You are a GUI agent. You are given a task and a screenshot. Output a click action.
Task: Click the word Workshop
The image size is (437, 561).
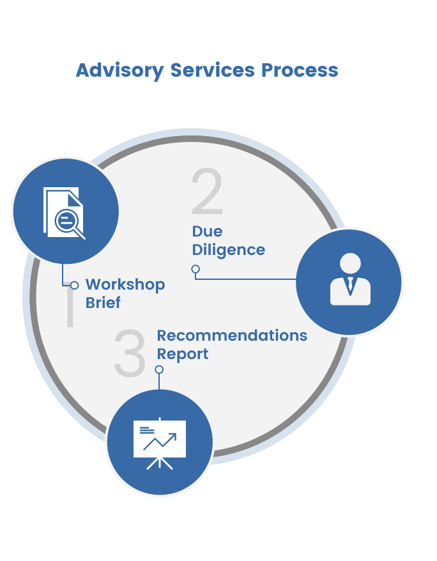pyautogui.click(x=125, y=284)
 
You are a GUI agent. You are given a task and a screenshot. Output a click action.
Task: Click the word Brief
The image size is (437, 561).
pyautogui.click(x=103, y=302)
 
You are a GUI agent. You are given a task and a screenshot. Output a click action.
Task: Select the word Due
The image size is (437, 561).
pyautogui.click(x=208, y=231)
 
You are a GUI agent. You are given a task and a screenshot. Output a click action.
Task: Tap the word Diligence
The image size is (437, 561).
pyautogui.click(x=229, y=250)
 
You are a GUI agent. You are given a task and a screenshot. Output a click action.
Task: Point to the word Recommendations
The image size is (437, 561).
pyautogui.click(x=232, y=335)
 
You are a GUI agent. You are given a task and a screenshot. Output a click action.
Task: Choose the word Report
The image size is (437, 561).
pyautogui.click(x=183, y=354)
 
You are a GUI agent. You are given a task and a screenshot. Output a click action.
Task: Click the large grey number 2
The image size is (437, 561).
pyautogui.click(x=207, y=192)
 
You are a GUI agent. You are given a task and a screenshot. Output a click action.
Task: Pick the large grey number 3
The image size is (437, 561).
pyautogui.click(x=130, y=353)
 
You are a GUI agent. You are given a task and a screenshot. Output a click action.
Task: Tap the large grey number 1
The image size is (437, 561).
pyautogui.click(x=70, y=307)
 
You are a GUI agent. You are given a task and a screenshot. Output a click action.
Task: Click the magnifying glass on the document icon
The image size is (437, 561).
pyautogui.click(x=68, y=222)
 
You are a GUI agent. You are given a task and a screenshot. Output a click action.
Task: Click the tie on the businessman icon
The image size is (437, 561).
pyautogui.click(x=350, y=285)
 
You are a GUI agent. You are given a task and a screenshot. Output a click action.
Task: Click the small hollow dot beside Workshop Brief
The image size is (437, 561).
pyautogui.click(x=74, y=285)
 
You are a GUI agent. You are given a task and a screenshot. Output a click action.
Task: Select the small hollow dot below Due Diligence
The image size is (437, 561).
pyautogui.click(x=195, y=269)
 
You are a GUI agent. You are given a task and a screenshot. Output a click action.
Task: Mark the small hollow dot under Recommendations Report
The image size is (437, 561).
pyautogui.click(x=159, y=369)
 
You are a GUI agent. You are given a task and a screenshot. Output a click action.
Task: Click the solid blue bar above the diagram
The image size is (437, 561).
pyautogui.click(x=206, y=72)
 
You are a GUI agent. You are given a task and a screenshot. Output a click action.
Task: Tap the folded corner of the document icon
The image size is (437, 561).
pyautogui.click(x=73, y=194)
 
